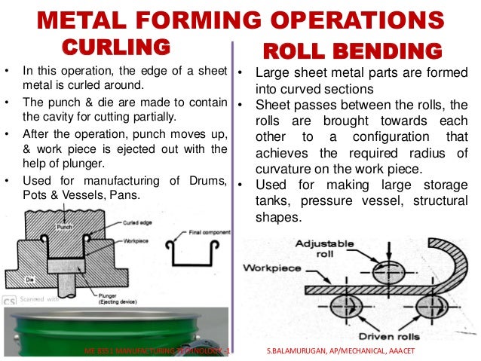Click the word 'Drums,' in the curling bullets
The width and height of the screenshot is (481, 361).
[x=203, y=180]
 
